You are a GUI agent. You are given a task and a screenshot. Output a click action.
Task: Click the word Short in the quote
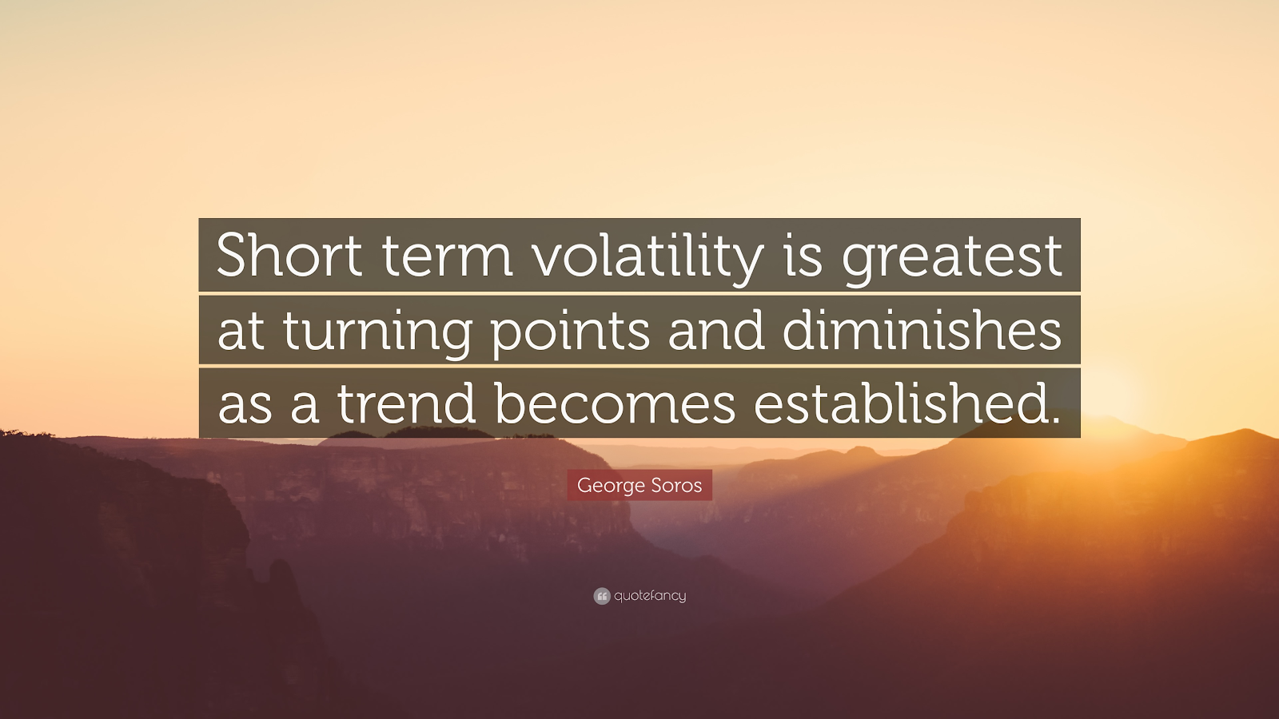pos(289,255)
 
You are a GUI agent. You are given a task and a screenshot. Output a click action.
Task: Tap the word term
pos(447,258)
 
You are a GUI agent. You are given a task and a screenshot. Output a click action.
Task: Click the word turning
pos(377,332)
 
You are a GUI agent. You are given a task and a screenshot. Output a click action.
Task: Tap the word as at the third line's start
pos(245,406)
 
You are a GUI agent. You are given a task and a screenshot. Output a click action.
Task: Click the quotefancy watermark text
pos(650,596)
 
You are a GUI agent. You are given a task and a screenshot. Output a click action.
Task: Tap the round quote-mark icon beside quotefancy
pos(602,596)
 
